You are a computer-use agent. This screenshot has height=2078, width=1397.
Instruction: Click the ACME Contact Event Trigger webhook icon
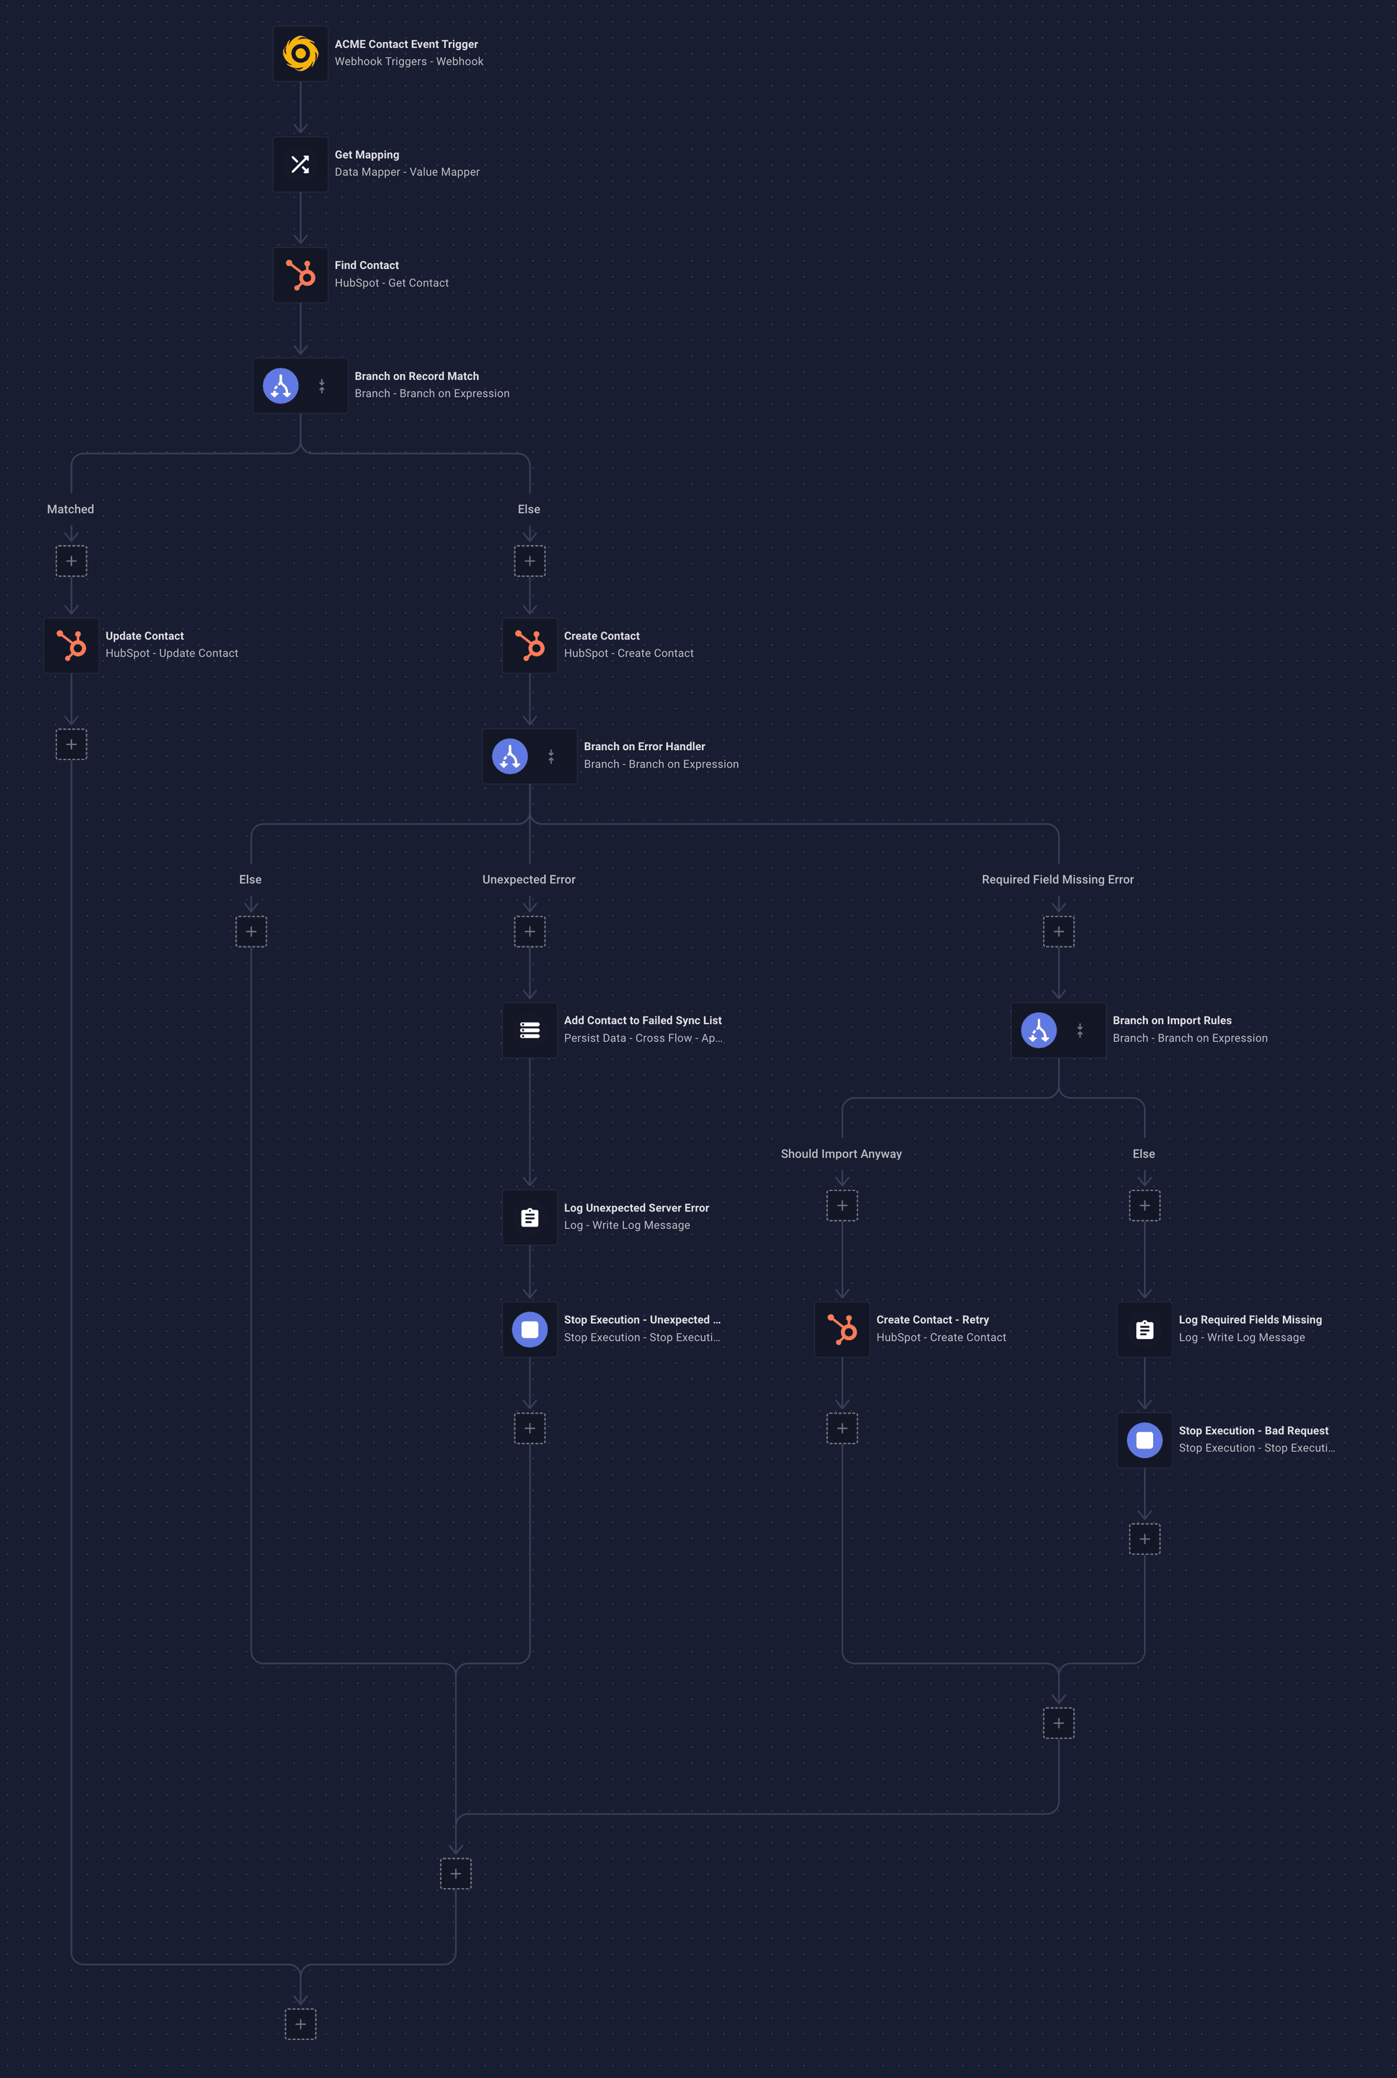[300, 54]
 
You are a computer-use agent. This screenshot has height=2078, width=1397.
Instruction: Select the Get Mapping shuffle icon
[300, 164]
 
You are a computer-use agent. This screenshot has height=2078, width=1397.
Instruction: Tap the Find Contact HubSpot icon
[300, 274]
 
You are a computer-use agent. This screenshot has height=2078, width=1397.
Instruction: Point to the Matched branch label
[70, 509]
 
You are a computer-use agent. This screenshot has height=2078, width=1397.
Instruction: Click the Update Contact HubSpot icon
[71, 645]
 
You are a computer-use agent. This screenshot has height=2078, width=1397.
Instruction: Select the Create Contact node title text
[601, 635]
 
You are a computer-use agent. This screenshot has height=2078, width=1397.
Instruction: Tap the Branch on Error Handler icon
[510, 756]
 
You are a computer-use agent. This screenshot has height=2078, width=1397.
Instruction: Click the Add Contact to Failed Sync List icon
[530, 1030]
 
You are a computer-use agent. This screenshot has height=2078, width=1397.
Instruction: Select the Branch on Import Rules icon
[1039, 1030]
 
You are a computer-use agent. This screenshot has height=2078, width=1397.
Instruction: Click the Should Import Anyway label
[841, 1154]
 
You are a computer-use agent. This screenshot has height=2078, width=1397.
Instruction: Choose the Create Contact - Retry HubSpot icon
[842, 1329]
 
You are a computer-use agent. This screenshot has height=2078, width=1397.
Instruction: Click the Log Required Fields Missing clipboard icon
[1145, 1329]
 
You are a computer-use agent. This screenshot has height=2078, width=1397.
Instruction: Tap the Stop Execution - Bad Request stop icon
[1145, 1440]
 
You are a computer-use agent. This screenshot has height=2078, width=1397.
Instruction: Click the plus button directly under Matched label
[71, 561]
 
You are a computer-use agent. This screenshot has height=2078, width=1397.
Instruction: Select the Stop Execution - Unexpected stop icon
[530, 1329]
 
